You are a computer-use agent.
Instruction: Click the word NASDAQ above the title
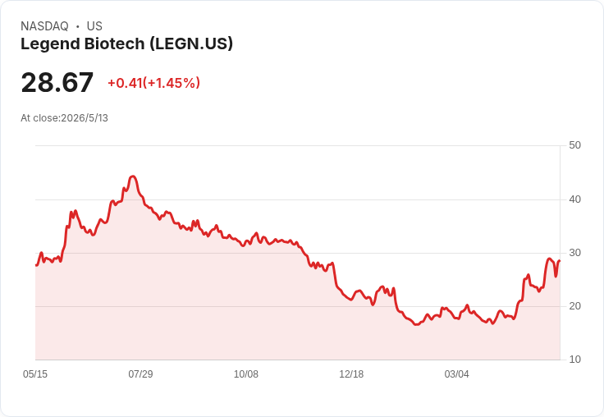coord(44,26)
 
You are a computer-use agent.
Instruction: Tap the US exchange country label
coord(94,26)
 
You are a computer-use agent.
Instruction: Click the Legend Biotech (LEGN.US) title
coord(126,44)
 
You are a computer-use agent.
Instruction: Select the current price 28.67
coord(57,82)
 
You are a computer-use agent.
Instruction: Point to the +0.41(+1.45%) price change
coord(153,83)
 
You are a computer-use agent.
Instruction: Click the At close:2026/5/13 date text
coord(64,118)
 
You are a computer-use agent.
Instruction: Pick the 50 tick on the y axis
coord(574,145)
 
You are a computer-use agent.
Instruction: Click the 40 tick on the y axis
coord(574,199)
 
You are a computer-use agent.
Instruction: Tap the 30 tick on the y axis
coord(574,253)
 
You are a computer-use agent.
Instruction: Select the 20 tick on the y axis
coord(574,306)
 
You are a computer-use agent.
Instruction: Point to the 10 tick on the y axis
coord(574,360)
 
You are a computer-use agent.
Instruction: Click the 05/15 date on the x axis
coord(35,374)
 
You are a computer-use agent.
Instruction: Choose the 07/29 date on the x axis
coord(140,374)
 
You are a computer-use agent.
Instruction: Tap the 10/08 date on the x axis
coord(245,374)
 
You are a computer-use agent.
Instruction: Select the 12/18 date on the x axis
coord(351,374)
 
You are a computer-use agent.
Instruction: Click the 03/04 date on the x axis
coord(456,374)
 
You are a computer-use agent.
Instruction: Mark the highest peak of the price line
coord(132,176)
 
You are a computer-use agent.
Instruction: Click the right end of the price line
coord(560,261)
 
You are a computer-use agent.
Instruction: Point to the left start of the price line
coord(36,265)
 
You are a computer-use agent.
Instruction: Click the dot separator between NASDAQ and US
coord(78,26)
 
